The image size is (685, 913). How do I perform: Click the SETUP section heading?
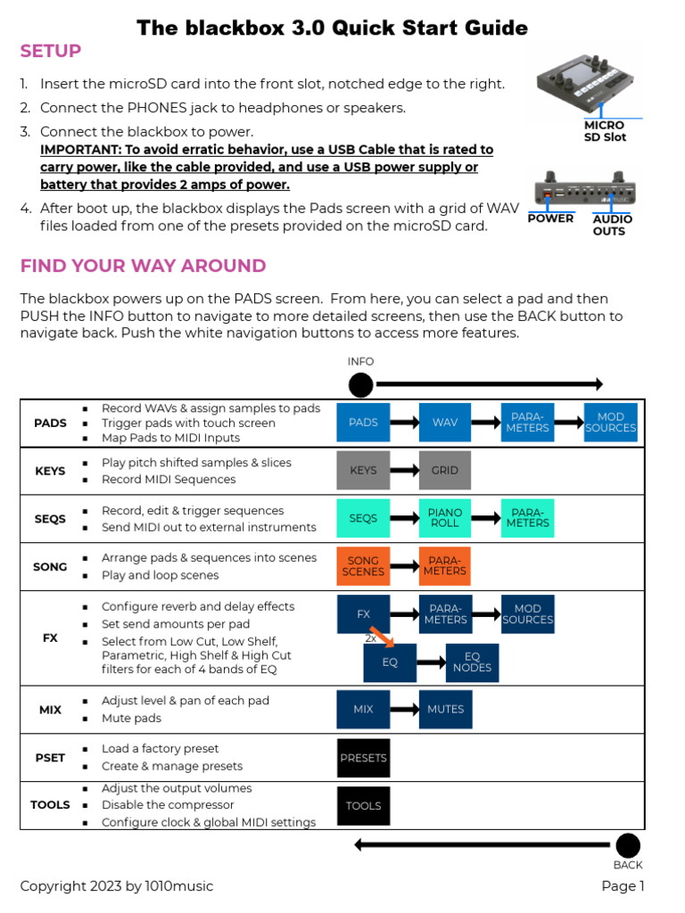point(51,52)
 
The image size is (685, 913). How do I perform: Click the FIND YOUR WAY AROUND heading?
point(143,266)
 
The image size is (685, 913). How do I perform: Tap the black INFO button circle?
point(360,385)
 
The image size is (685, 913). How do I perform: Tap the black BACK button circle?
point(628,845)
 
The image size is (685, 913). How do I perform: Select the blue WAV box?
point(445,423)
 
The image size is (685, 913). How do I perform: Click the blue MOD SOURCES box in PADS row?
point(611,423)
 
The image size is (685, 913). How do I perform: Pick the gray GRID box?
point(445,470)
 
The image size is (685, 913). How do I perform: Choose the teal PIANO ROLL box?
point(445,518)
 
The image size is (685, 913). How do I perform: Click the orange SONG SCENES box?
point(363,566)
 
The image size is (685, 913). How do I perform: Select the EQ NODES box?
point(472,662)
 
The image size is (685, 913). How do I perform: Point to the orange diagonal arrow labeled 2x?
point(381,637)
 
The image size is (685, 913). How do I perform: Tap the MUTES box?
point(445,710)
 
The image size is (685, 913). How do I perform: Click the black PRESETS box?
point(363,758)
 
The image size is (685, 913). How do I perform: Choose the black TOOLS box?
point(363,806)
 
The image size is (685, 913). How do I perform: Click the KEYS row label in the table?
point(50,471)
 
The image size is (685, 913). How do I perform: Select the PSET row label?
point(50,758)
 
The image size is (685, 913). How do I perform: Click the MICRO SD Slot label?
point(605,132)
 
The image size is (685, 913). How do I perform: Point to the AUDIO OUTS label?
point(612,225)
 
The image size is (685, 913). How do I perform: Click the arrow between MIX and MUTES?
point(404,710)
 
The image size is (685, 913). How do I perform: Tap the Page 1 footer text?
point(623,886)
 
